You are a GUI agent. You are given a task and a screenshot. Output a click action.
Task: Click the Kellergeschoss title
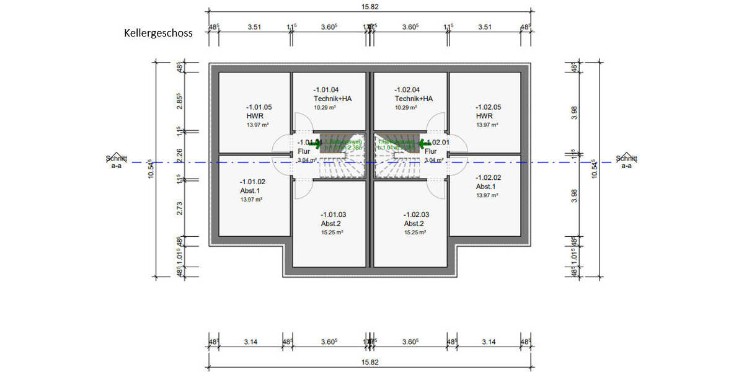click(158, 33)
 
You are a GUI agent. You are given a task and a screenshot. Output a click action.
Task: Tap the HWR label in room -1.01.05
click(255, 116)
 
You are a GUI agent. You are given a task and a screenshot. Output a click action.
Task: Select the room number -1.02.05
click(488, 107)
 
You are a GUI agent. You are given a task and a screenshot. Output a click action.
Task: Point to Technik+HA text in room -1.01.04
click(334, 99)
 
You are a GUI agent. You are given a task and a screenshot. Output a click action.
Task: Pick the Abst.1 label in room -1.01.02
click(250, 191)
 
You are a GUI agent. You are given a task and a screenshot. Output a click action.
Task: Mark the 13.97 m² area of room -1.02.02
click(487, 195)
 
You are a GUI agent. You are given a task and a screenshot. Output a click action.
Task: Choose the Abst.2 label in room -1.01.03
click(330, 224)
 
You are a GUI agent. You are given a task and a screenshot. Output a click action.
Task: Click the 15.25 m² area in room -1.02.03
click(415, 232)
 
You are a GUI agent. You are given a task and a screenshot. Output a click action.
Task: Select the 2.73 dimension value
click(179, 209)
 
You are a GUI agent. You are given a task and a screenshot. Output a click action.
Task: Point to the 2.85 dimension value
click(179, 102)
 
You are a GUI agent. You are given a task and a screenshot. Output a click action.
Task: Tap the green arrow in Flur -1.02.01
click(425, 144)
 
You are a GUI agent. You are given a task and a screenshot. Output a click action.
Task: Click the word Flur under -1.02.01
click(431, 151)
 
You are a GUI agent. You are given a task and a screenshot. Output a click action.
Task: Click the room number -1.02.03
click(415, 215)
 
